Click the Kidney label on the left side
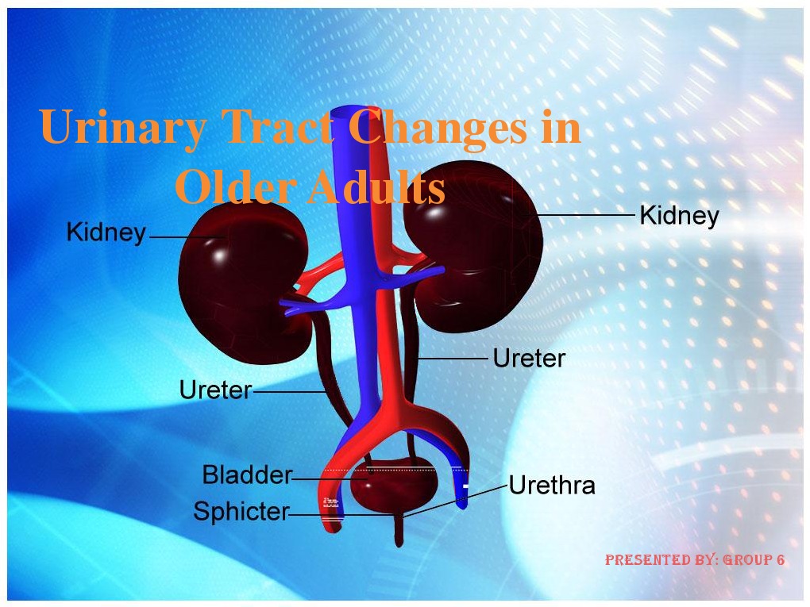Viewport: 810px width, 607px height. [106, 233]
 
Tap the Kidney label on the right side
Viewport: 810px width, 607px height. [679, 216]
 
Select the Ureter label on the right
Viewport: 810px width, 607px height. [529, 359]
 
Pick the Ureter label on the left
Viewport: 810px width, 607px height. [215, 390]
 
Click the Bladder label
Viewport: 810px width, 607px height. [247, 475]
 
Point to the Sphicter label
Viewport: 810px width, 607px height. [241, 513]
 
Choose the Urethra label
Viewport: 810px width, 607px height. [552, 485]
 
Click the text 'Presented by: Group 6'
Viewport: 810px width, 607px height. [695, 560]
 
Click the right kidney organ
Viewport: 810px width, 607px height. [476, 238]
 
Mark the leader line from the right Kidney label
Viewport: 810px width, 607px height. [588, 215]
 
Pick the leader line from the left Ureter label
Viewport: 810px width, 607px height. [287, 391]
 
